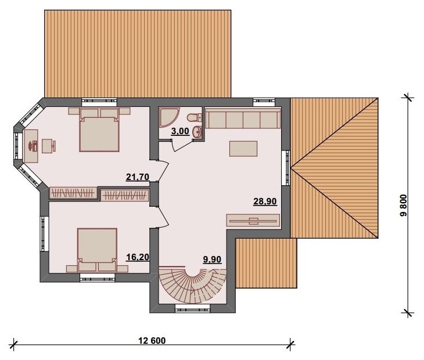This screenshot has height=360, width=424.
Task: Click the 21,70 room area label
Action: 138,177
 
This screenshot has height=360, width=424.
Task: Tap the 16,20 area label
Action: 138,257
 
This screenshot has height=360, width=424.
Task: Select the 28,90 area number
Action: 265,201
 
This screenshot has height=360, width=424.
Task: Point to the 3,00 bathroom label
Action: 180,131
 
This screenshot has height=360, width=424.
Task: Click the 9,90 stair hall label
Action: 212,260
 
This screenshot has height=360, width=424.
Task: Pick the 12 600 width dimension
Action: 152,340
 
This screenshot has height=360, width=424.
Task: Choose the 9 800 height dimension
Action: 404,206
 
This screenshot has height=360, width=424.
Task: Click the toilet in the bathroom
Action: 194,117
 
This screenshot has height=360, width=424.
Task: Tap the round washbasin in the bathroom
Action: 197,132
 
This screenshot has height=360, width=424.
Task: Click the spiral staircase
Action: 192,285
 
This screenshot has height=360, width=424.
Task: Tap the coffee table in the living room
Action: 243,149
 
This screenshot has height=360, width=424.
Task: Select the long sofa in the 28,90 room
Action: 243,118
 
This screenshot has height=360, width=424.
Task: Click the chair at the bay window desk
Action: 49,146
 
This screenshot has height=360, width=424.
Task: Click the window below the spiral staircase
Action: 192,308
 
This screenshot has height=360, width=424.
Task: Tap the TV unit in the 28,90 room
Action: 253,221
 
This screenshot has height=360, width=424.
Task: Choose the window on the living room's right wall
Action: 286,168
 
